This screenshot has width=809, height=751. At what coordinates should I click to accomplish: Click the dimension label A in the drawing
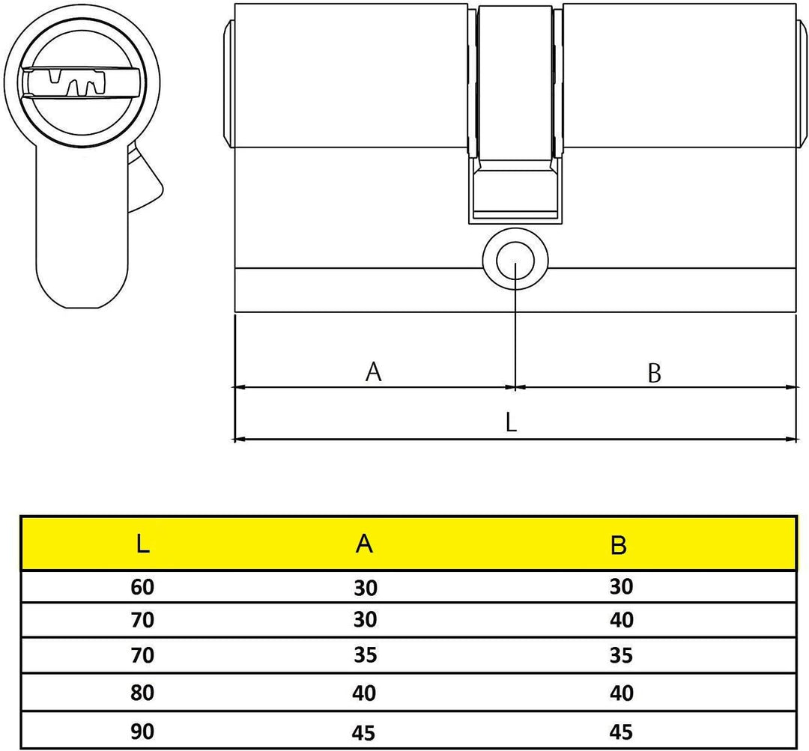coord(373,371)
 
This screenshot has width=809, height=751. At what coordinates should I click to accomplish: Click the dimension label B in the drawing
coord(654,372)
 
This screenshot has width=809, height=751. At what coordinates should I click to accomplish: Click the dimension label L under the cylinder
coord(511,423)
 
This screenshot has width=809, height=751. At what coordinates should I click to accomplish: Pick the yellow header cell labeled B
coord(619,546)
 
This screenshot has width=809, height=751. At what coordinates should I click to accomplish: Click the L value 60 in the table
coord(142,587)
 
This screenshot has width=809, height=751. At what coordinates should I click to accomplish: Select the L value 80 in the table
coord(142,693)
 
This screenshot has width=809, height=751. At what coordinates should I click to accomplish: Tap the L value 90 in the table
coord(142,730)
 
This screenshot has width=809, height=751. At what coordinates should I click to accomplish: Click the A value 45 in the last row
coord(364,731)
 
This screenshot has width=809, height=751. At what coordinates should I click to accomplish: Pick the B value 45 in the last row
coord(621,730)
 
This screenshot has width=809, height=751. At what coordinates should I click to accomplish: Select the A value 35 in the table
coord(364,656)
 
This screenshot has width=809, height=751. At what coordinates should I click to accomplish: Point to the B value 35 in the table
coord(621,656)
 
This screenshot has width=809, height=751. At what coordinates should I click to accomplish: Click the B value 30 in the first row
coord(621,586)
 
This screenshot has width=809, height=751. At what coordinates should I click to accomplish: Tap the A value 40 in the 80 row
coord(364,693)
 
